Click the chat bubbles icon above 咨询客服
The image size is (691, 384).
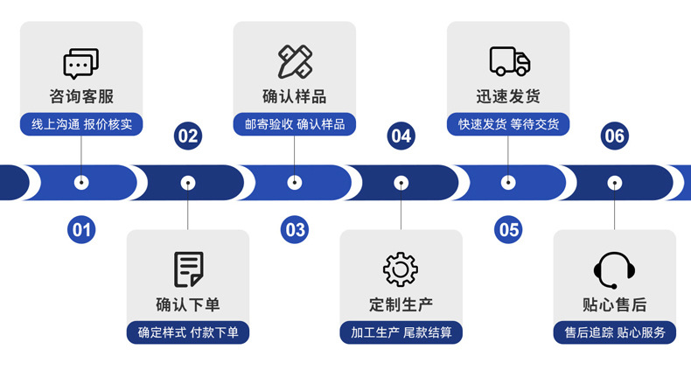click(x=81, y=62)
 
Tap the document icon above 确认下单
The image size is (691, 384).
click(x=188, y=269)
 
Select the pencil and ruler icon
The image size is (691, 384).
click(x=295, y=61)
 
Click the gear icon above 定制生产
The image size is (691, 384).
click(x=401, y=269)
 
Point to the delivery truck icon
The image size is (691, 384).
click(x=509, y=61)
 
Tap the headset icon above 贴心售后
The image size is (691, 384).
click(x=614, y=269)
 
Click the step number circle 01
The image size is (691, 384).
click(x=81, y=230)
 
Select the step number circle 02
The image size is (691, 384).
click(x=188, y=136)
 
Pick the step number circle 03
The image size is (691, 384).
click(x=295, y=230)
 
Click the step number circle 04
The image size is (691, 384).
click(x=401, y=136)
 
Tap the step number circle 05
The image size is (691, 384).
click(x=508, y=230)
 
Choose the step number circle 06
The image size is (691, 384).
click(x=614, y=136)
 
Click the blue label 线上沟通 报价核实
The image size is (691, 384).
click(x=81, y=124)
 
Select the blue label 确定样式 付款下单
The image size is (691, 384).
click(x=188, y=332)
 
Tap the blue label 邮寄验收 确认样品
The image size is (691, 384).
click(x=295, y=124)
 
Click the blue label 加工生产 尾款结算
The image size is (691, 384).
click(x=401, y=332)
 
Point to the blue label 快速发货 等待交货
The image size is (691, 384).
click(x=508, y=124)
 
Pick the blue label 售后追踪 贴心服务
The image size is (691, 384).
click(x=614, y=332)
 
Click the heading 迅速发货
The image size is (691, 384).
click(x=508, y=96)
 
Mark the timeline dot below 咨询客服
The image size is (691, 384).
click(x=81, y=183)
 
